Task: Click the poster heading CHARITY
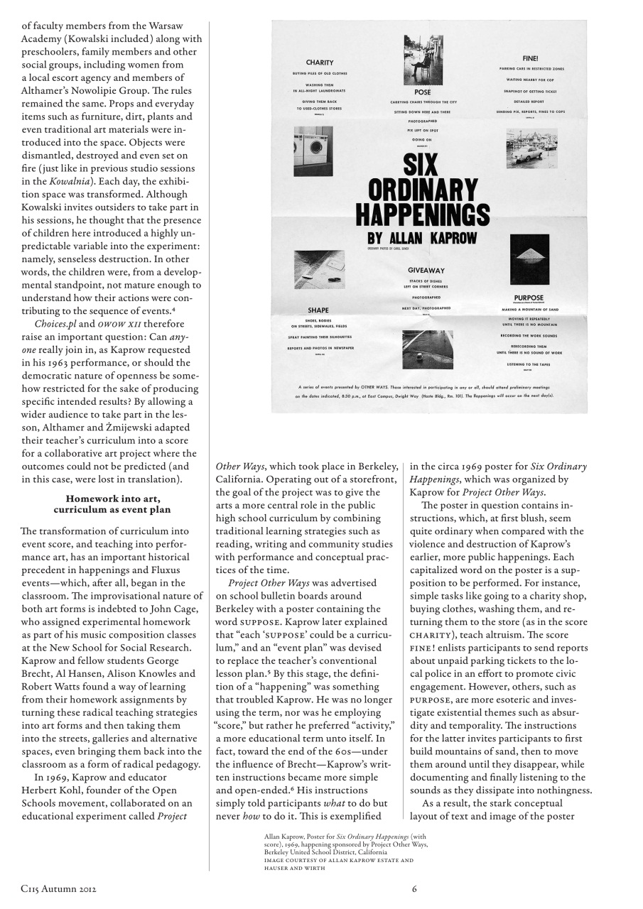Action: click(320, 62)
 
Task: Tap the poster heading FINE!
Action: click(531, 58)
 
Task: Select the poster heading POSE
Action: click(422, 92)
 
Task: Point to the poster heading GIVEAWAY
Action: click(426, 271)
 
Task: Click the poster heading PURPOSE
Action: click(529, 298)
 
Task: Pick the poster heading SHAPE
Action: click(318, 310)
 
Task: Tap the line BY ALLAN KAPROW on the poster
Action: click(422, 238)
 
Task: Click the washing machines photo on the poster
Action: click(313, 151)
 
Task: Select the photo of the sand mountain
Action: click(529, 260)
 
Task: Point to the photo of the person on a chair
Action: click(423, 60)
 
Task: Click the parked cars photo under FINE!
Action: click(532, 148)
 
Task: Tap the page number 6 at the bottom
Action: click(414, 888)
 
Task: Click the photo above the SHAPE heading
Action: click(320, 269)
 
